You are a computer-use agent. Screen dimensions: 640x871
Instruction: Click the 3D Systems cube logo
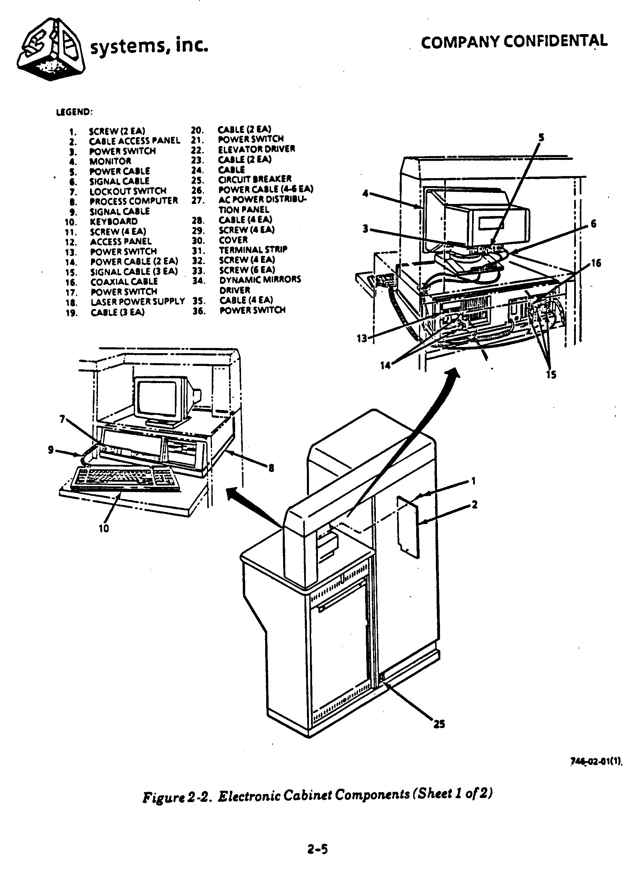pos(51,50)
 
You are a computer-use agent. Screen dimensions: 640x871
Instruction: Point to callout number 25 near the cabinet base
pos(439,724)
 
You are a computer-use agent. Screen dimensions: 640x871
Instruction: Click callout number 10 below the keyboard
pos(104,529)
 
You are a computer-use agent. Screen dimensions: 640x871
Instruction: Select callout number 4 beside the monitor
pos(365,193)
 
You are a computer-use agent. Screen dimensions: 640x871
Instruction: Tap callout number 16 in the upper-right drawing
pos(596,263)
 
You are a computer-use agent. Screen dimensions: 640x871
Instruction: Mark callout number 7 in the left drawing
pos(62,419)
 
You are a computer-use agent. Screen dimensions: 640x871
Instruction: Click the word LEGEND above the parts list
pos(74,112)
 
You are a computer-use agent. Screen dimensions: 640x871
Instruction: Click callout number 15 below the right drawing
pos(551,375)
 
